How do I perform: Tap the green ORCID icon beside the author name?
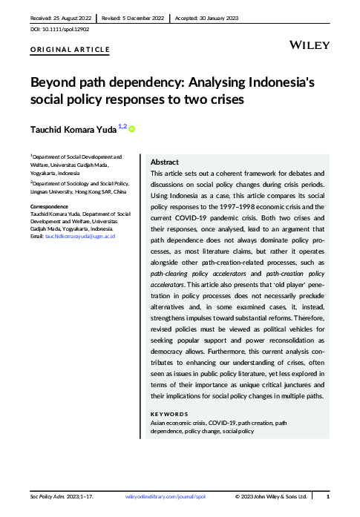tap(132, 129)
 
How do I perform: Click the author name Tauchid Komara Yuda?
tap(73, 130)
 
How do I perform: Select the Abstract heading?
tap(164, 162)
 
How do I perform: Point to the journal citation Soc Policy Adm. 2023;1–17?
tap(56, 495)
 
